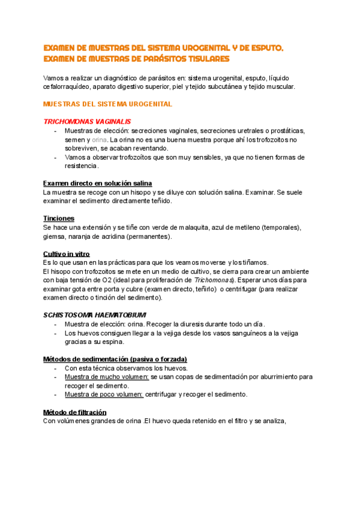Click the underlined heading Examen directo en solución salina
pyautogui.click(x=98, y=183)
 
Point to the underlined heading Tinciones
pyautogui.click(x=59, y=218)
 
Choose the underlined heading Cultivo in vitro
pyautogui.click(x=67, y=254)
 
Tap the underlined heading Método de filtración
pyautogui.click(x=75, y=412)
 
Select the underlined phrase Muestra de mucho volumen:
pyautogui.click(x=107, y=377)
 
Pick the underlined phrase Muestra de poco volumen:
pyautogui.click(x=104, y=394)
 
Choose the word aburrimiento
pyautogui.click(x=272, y=377)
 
